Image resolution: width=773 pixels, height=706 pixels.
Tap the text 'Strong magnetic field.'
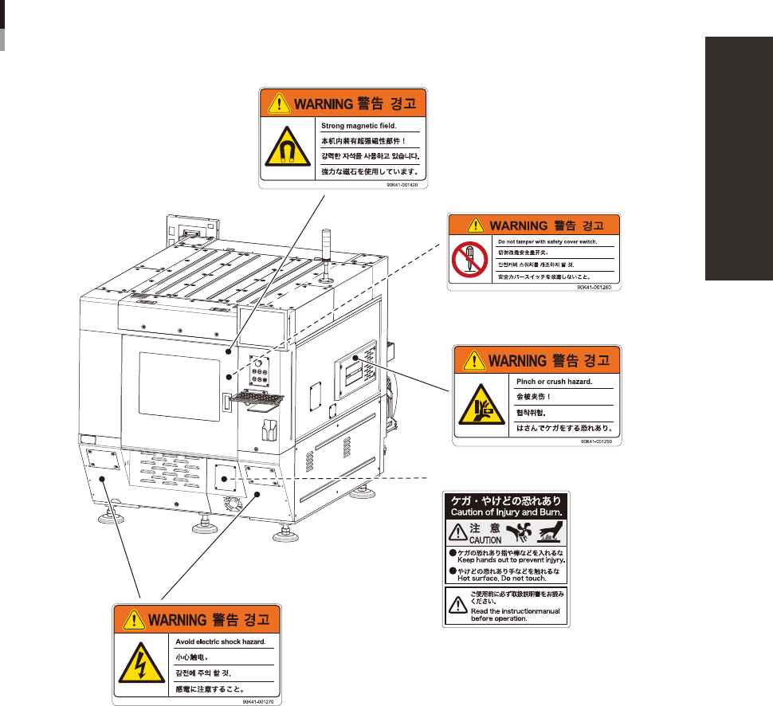(x=359, y=126)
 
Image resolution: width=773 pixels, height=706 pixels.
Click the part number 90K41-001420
(x=402, y=184)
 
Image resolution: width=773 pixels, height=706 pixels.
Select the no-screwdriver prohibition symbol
(x=468, y=259)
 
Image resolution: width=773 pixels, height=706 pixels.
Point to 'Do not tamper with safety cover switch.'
(x=547, y=241)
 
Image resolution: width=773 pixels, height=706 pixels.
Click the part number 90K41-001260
(x=594, y=287)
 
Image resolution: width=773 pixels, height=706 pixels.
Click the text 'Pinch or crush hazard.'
(x=555, y=381)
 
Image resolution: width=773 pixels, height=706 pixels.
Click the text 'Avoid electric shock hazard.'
(x=220, y=641)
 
